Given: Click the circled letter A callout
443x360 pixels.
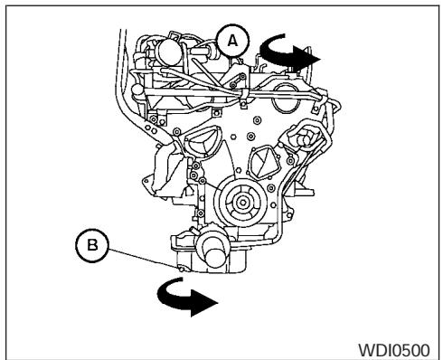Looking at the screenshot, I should [232, 41].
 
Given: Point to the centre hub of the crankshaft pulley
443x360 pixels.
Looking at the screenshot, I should [240, 199].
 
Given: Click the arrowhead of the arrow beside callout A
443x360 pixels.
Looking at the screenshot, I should [312, 56].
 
